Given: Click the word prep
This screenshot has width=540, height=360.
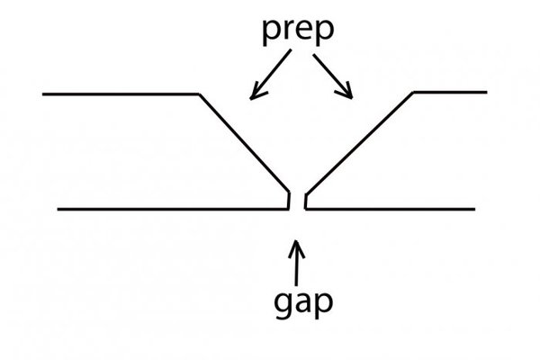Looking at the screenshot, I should (x=300, y=29).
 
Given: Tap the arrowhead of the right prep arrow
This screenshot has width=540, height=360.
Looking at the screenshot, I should (x=348, y=93).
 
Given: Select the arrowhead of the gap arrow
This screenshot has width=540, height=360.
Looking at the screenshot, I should (x=297, y=244).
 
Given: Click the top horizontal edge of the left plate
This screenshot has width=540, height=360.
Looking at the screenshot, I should (x=117, y=93).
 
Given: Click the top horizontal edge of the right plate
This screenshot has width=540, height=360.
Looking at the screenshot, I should (x=450, y=93).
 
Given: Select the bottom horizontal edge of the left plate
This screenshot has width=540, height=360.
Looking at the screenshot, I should (x=171, y=209).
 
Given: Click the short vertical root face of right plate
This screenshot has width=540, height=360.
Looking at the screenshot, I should (x=305, y=200).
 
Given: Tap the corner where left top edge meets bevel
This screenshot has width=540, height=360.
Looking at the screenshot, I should (x=198, y=93).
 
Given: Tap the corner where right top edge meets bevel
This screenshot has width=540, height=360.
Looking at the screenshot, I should (x=412, y=93).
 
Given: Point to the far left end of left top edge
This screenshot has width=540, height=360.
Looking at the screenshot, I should (x=44, y=93).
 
